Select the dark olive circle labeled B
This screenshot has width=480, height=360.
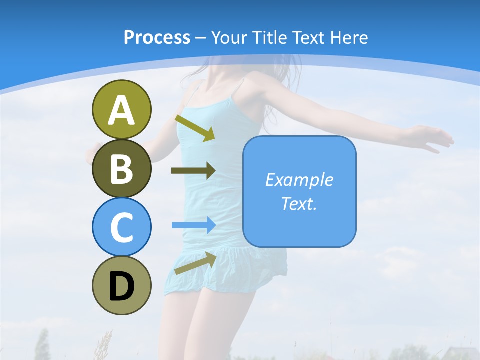[121, 168]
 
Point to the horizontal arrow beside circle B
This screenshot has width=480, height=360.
[193, 171]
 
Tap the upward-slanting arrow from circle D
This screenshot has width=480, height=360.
[195, 263]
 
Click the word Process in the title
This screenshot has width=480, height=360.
[157, 37]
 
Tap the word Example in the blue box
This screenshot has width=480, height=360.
[299, 180]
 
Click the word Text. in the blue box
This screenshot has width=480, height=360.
[299, 203]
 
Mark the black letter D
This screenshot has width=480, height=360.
[121, 287]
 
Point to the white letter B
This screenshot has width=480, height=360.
[121, 169]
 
